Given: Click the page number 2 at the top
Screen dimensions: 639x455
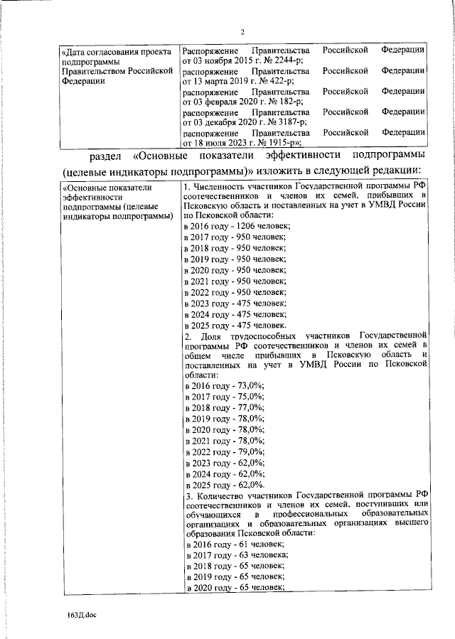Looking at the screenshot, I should pyautogui.click(x=242, y=32).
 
